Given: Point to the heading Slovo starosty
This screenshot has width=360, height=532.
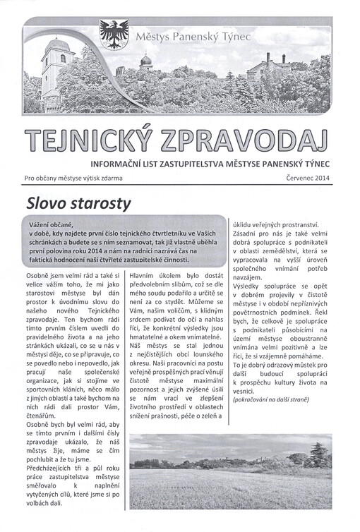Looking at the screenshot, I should (78, 204).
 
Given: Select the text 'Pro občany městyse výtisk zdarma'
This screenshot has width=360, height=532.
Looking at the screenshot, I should (76, 179).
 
